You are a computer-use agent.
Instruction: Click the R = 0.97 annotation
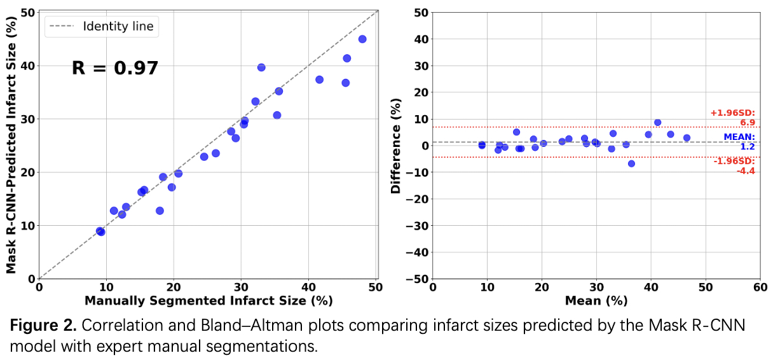[x=114, y=68]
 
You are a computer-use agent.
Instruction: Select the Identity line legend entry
[x=118, y=26]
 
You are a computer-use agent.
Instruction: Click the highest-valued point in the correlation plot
[x=362, y=39]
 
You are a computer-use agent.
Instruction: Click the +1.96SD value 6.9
[x=747, y=122]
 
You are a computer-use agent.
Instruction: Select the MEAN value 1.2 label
[x=747, y=147]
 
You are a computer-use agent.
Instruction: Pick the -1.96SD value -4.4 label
[x=745, y=171]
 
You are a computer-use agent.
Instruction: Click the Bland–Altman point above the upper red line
[x=657, y=122]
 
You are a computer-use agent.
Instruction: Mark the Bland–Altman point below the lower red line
[x=631, y=163]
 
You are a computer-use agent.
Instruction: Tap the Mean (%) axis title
[x=595, y=300]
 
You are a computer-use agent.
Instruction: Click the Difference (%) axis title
[x=396, y=146]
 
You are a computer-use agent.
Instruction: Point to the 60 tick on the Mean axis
[x=759, y=287]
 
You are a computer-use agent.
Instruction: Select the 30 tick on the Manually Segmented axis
[x=241, y=287]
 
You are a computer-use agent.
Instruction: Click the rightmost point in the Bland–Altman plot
[x=687, y=137]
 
